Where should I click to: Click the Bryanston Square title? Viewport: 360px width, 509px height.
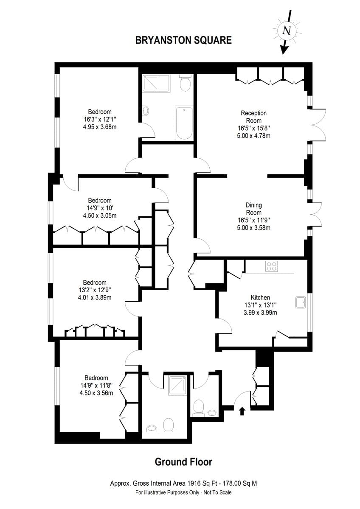(183, 40)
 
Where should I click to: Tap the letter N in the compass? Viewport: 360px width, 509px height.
(287, 30)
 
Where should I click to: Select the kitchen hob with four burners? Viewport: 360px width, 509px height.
(272, 266)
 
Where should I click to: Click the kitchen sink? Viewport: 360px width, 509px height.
(301, 302)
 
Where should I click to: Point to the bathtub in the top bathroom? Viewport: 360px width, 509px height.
(184, 123)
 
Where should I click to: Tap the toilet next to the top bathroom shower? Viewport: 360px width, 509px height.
(186, 83)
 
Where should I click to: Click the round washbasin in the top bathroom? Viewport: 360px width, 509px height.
(145, 111)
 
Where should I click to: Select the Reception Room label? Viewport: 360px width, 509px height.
(253, 117)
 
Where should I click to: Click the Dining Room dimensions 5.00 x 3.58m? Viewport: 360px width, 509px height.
(253, 228)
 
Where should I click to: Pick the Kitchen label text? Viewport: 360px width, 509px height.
(260, 297)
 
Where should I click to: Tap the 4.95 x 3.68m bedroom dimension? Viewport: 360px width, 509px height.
(100, 127)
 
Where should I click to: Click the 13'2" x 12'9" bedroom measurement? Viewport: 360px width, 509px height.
(95, 290)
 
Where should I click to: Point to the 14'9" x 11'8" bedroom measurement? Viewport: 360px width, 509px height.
(96, 386)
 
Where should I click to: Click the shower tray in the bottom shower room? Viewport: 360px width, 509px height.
(177, 385)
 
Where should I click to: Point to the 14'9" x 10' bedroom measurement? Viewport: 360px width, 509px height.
(100, 208)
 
